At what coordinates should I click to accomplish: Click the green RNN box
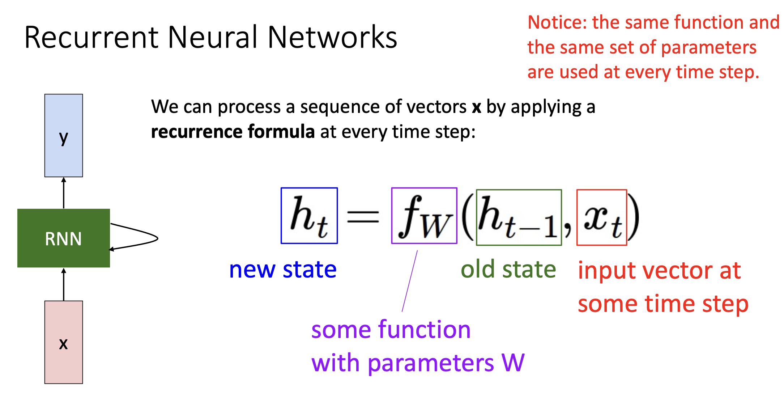tap(64, 238)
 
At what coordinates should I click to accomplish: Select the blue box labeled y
tap(64, 136)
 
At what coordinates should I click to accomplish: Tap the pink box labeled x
tap(64, 342)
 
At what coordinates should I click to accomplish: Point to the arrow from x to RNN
tap(64, 284)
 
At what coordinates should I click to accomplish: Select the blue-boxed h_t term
tap(309, 216)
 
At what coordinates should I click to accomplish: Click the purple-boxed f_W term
tap(424, 216)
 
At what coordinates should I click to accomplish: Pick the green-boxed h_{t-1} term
tap(519, 217)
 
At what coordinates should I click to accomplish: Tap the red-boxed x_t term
tap(602, 217)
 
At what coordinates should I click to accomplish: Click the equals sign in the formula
tap(363, 217)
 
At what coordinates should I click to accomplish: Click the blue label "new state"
tap(283, 270)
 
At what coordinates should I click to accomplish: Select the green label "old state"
tap(508, 270)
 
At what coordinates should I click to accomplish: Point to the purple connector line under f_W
tap(410, 281)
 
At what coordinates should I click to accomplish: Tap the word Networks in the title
tap(332, 38)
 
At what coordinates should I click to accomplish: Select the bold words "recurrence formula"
tap(233, 131)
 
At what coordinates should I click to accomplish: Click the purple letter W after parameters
tap(513, 363)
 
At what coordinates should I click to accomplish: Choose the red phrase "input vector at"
tap(659, 271)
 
